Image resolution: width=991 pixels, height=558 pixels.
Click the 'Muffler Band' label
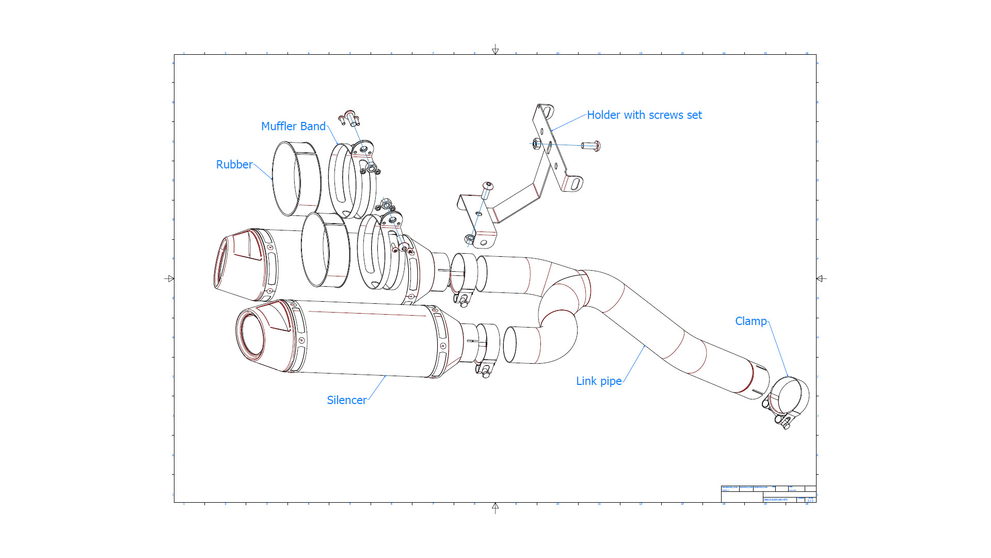[293, 127]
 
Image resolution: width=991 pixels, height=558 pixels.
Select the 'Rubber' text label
[234, 165]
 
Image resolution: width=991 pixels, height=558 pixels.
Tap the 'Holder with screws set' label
[644, 115]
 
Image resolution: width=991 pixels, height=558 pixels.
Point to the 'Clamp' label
[750, 321]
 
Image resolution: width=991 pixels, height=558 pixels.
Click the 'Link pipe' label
[599, 381]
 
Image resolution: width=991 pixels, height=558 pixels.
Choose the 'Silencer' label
[346, 400]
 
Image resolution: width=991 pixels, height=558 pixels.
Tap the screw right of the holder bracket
[591, 146]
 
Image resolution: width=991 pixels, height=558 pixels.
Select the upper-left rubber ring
[295, 178]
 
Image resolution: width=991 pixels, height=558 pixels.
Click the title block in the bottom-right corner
[768, 494]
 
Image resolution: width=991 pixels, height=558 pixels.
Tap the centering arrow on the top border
[495, 50]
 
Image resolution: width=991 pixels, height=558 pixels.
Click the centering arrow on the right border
[821, 278]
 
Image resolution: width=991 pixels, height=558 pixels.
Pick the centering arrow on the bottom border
[495, 507]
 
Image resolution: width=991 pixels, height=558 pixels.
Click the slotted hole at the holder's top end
[547, 111]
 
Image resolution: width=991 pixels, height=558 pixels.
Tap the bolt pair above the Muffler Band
[349, 118]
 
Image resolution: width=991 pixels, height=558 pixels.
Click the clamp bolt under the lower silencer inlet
[485, 370]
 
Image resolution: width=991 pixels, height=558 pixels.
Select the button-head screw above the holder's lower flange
[487, 190]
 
